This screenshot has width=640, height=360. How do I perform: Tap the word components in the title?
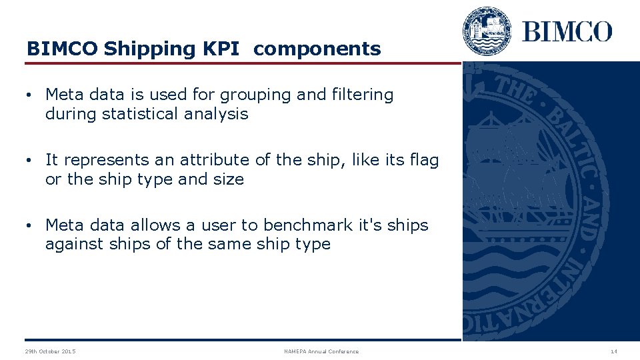coord(317,49)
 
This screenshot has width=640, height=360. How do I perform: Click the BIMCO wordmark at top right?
coord(567,31)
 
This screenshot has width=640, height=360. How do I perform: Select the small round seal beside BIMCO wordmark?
coord(487,31)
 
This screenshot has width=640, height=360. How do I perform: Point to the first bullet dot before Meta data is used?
coord(30,95)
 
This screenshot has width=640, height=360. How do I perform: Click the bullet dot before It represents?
coord(30,161)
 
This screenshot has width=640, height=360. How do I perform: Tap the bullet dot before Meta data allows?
coord(30,226)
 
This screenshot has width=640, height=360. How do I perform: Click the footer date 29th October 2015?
coord(50,351)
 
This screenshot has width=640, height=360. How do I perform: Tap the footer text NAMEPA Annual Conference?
coord(321,351)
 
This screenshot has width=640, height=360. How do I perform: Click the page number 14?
coord(613,351)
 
